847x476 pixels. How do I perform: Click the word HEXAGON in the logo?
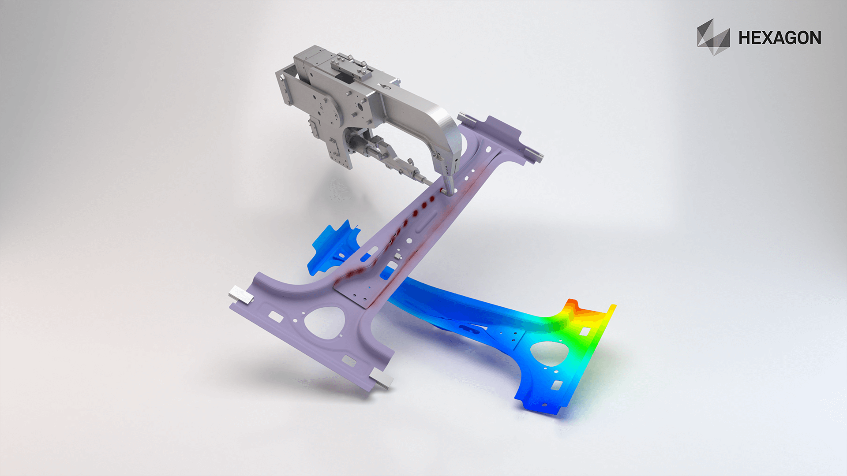coord(780,38)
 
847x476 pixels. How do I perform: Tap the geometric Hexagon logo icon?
coord(712,37)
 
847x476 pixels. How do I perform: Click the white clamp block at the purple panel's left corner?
coord(241,294)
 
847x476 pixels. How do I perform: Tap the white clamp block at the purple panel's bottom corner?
coord(382,378)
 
